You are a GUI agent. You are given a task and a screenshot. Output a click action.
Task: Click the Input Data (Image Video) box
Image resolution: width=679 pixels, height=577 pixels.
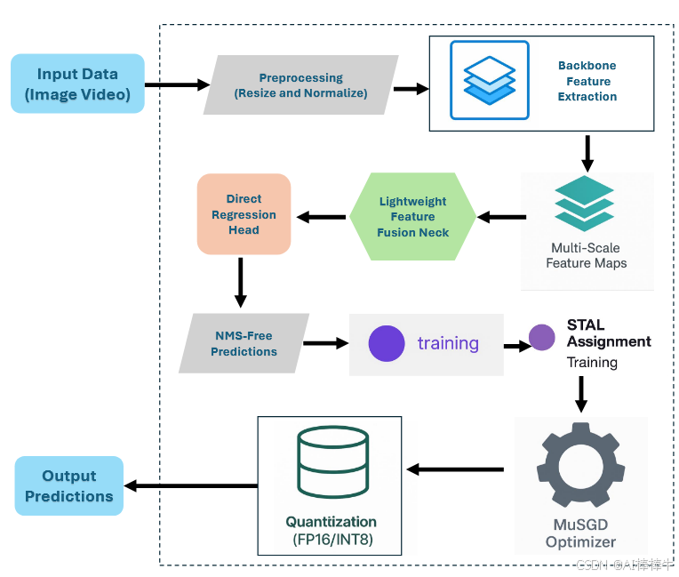[77, 84]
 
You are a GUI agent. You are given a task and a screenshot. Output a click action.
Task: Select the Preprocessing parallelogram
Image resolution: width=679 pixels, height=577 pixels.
[301, 84]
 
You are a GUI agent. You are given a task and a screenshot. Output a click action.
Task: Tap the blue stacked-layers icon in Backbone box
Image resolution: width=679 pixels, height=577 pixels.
[490, 80]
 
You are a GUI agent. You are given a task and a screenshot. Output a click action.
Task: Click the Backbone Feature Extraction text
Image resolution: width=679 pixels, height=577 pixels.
[587, 81]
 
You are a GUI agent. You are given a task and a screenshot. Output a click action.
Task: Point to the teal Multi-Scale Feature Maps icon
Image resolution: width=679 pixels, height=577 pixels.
[585, 204]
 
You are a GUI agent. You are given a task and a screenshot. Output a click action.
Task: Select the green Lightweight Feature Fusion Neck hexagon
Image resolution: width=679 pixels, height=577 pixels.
[412, 217]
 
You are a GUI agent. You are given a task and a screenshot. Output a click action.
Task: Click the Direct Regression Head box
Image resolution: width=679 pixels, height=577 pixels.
[244, 214]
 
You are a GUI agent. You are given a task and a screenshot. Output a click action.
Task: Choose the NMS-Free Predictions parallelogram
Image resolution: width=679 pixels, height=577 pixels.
[244, 343]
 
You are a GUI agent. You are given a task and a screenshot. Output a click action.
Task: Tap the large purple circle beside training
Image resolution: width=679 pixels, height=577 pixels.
[387, 343]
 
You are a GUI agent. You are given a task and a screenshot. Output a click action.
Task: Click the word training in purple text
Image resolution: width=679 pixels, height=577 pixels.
[448, 343]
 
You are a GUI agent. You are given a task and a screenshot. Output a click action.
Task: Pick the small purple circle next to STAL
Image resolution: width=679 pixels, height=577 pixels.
[542, 338]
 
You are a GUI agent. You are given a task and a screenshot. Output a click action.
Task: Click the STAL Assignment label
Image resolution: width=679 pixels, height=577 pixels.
[609, 333]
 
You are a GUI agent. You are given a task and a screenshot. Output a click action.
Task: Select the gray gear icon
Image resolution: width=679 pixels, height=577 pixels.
[580, 465]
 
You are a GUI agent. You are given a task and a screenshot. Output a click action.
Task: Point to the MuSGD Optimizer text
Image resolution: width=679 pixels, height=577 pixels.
[580, 533]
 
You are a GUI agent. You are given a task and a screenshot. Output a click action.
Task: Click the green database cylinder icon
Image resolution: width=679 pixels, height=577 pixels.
[333, 462]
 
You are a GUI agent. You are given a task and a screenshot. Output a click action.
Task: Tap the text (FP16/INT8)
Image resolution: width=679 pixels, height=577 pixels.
[332, 540]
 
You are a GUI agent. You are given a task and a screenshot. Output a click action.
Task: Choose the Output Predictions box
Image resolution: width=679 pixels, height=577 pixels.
[69, 485]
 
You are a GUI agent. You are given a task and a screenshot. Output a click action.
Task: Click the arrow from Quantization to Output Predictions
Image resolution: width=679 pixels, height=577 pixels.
[191, 486]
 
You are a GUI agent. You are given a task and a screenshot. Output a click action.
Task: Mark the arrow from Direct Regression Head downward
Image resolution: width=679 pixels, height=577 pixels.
[241, 283]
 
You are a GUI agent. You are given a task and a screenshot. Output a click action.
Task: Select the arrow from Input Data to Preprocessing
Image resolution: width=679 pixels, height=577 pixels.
[178, 84]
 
